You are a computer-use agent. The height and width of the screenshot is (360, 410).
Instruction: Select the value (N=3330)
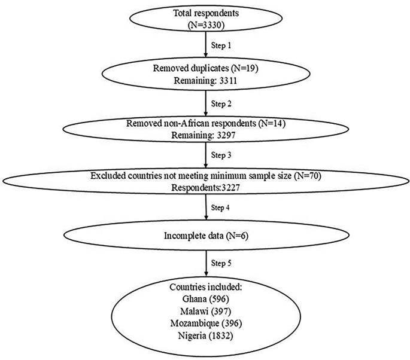pos(205,25)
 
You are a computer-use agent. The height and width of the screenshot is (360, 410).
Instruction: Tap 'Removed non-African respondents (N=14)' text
pos(205,123)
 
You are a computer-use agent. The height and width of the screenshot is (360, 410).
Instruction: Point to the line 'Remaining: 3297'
pos(205,135)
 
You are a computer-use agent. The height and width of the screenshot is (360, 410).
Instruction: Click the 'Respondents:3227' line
pos(205,186)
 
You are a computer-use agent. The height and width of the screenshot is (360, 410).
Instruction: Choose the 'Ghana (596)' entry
pos(205,300)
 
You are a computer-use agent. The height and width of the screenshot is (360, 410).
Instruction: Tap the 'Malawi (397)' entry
pos(205,312)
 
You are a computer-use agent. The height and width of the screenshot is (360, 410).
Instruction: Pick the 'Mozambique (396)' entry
pos(205,324)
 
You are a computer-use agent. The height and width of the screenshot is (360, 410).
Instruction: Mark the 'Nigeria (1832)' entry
pos(205,335)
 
